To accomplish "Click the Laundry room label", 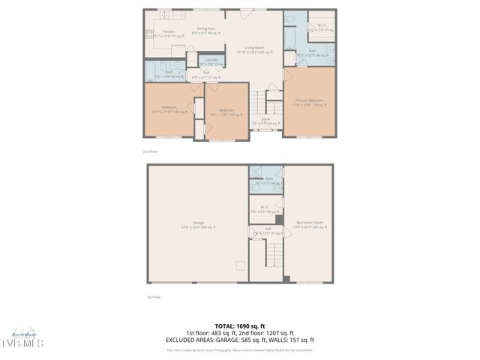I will tap(211, 61).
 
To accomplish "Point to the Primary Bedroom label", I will tap(309, 103).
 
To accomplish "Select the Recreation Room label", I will tap(309, 224).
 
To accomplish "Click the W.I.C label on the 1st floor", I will tap(264, 209).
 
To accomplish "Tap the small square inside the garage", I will tap(241, 264).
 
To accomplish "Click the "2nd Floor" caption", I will tap(151, 151).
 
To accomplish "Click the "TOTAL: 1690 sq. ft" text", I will tap(239, 325).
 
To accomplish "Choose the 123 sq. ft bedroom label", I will tap(226, 112).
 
